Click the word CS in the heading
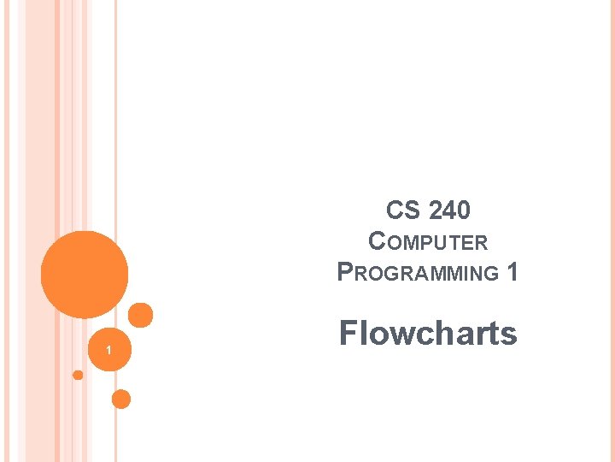tap(403, 210)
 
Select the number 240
tap(448, 210)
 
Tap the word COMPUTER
tap(428, 242)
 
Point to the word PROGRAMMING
tap(419, 273)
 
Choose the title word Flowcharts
tap(428, 333)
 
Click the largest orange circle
tap(85, 274)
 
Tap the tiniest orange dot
tap(78, 375)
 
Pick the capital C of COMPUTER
tap(377, 242)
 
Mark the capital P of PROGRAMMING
tap(346, 273)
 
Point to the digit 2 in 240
tap(435, 210)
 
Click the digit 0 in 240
tap(463, 210)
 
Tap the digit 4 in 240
tap(449, 210)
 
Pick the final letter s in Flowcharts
tap(509, 335)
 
